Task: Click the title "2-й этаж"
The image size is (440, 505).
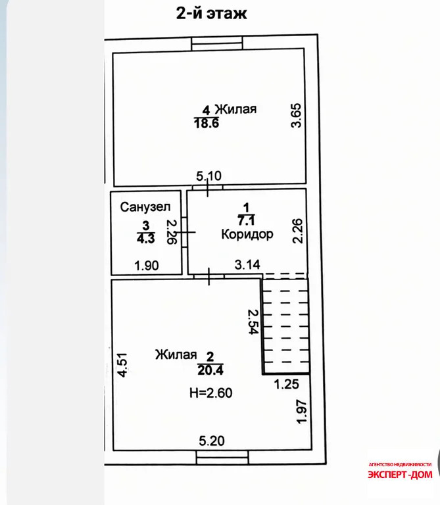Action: point(211,13)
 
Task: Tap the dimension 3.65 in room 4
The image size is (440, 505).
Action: point(296,115)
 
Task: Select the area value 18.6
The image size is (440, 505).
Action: point(207,123)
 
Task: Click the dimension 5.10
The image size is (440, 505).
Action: point(208,176)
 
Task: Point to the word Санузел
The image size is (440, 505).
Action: point(145,206)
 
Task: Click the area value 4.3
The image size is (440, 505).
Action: point(146,239)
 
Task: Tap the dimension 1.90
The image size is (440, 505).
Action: point(147,266)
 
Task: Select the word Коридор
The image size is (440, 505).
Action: point(247,234)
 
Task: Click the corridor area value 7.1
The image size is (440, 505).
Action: point(246,221)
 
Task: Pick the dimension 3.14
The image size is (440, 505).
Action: point(247,265)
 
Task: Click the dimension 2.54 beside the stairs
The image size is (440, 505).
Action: point(253,322)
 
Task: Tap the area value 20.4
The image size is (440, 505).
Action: point(210,370)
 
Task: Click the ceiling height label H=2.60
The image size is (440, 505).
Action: point(211,393)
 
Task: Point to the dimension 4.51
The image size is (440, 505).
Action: point(122,365)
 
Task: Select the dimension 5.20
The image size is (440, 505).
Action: point(212,441)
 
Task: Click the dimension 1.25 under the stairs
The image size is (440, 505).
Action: point(286,384)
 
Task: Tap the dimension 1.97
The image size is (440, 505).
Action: point(301,412)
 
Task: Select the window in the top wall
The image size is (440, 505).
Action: point(217,43)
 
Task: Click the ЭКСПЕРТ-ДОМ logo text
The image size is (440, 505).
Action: point(400,474)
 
